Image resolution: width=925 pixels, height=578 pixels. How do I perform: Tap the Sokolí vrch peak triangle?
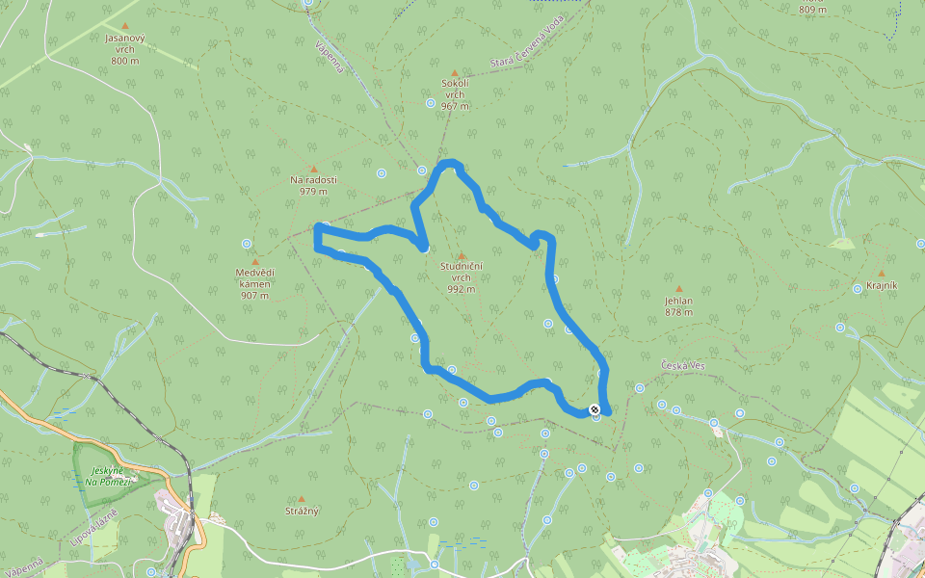coord(455,72)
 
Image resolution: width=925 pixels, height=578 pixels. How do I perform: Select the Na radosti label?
coord(314,179)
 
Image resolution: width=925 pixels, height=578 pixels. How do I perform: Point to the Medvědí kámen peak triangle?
coord(255,261)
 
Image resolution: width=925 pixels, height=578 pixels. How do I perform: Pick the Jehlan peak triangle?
coord(678,288)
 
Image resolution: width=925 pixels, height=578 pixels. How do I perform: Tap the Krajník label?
coord(882,287)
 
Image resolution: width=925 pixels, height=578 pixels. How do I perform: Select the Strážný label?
coord(302,510)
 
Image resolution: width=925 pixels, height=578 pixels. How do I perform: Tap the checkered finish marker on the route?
coord(595,409)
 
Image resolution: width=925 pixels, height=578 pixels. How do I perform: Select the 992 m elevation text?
coord(462,288)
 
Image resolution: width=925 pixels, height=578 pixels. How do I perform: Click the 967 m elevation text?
coord(455,106)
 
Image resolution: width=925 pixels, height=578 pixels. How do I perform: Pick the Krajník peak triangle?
coord(881,273)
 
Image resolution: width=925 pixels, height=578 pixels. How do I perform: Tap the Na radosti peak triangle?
coord(313,169)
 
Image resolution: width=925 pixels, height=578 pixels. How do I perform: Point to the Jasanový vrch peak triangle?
coord(125,26)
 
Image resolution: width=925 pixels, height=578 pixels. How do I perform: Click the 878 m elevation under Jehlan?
coord(678,312)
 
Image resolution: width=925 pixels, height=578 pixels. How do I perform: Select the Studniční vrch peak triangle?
coord(462,255)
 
